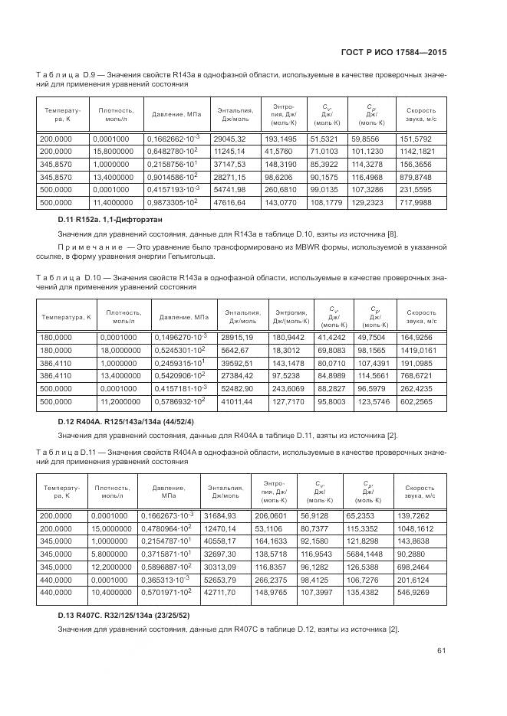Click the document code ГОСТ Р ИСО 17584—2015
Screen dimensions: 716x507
(x=393, y=53)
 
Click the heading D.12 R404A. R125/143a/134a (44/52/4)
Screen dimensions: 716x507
(x=127, y=421)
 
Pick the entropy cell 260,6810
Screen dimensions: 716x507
(x=279, y=189)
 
